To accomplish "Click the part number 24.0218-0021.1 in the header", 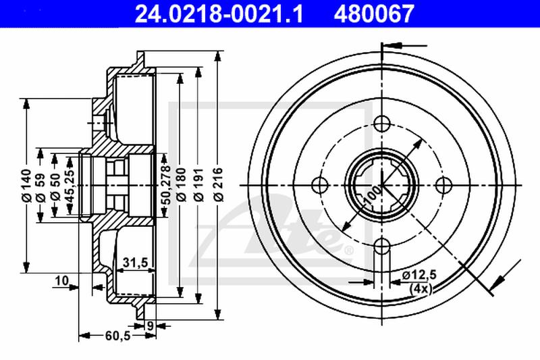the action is [x=219, y=14].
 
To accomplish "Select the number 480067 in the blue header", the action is [x=373, y=14].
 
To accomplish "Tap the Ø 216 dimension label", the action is [x=218, y=184].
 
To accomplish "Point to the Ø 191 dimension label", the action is [x=198, y=184].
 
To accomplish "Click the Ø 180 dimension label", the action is [x=181, y=184].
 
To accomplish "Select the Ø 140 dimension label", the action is [x=26, y=185].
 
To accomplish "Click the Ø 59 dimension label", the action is [x=40, y=188].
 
